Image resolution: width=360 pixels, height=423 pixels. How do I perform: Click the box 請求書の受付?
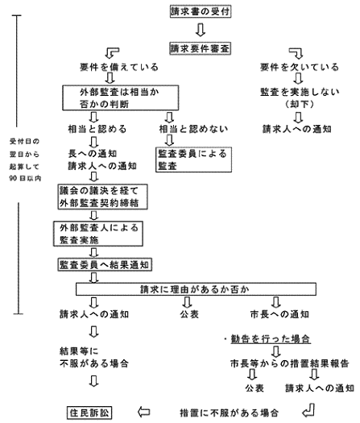201,13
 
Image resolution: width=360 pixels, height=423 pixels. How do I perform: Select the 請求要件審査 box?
201,48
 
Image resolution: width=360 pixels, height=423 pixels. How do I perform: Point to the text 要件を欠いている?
295,67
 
